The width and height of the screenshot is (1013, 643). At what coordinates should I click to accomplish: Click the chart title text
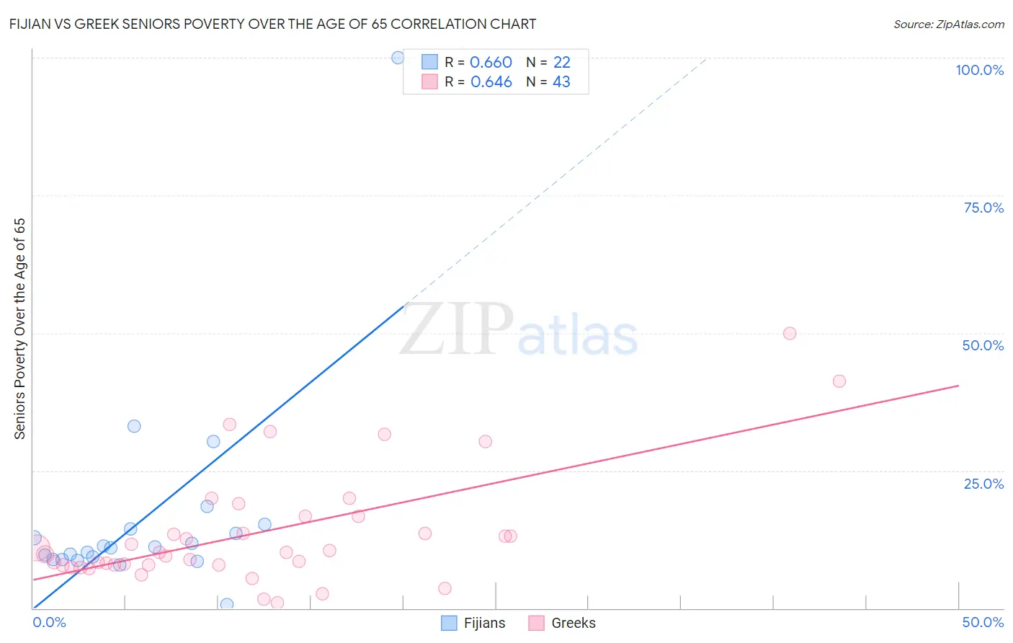(272, 24)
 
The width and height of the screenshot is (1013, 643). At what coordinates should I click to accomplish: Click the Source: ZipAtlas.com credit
(948, 24)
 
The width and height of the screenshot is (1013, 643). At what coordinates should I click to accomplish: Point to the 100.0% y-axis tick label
(979, 70)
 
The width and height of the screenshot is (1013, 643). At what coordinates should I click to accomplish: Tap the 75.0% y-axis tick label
(983, 208)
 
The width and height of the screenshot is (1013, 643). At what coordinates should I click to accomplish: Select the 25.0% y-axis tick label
(983, 484)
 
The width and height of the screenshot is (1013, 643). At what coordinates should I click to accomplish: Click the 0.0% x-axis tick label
(49, 622)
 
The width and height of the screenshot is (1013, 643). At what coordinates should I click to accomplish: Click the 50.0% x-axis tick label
(983, 622)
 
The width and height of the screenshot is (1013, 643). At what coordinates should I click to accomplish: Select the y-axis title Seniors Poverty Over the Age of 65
(19, 329)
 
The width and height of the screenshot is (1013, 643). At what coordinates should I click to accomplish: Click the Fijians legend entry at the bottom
(473, 623)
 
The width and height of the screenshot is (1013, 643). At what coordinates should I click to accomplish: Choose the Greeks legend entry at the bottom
(562, 623)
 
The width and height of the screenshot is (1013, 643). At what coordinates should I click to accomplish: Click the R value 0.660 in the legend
(491, 63)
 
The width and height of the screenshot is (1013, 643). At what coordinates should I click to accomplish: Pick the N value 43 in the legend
(561, 82)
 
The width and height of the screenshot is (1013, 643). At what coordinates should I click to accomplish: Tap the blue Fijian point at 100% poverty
(398, 58)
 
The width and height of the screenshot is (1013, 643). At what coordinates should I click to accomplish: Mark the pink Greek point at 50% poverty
(790, 333)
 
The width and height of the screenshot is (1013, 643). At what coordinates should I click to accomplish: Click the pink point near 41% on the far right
(839, 381)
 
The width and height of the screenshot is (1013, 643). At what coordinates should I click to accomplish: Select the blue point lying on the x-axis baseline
(227, 604)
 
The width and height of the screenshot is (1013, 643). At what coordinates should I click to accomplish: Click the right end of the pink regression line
(958, 386)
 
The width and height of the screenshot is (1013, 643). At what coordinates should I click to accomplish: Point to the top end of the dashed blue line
(707, 58)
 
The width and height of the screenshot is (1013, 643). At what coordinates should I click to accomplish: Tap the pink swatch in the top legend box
(429, 82)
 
